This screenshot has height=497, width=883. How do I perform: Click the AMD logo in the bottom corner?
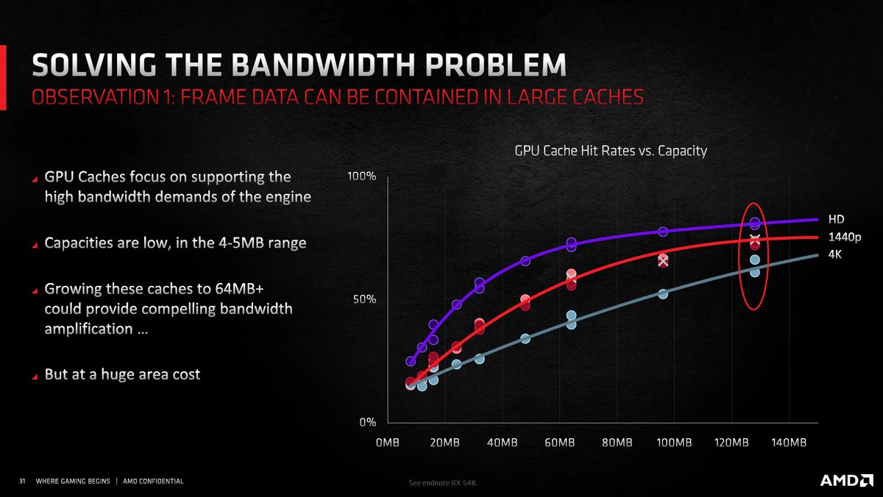846,481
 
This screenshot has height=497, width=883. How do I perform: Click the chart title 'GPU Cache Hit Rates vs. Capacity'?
610,151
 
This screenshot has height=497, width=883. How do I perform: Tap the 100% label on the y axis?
361,177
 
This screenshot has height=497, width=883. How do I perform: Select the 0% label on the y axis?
366,422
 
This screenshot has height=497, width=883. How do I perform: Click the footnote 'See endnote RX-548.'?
447,483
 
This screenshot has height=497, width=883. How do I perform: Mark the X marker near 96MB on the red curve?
663,261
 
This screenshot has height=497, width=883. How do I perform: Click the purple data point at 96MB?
663,232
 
